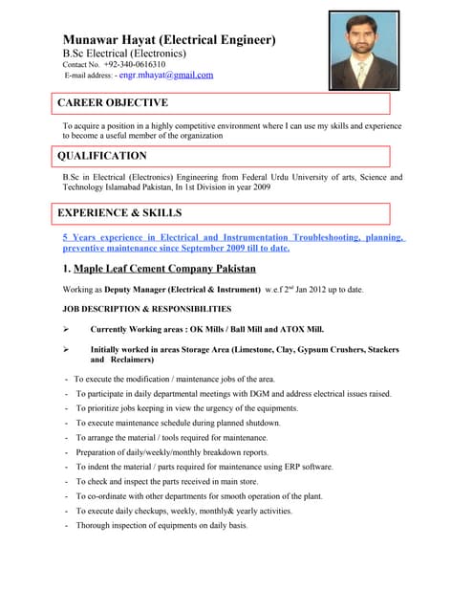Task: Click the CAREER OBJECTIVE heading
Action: (113, 102)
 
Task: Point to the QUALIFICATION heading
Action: (102, 156)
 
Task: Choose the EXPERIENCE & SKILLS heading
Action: (119, 212)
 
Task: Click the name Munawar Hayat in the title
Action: (115, 40)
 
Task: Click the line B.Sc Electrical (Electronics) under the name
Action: (124, 54)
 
